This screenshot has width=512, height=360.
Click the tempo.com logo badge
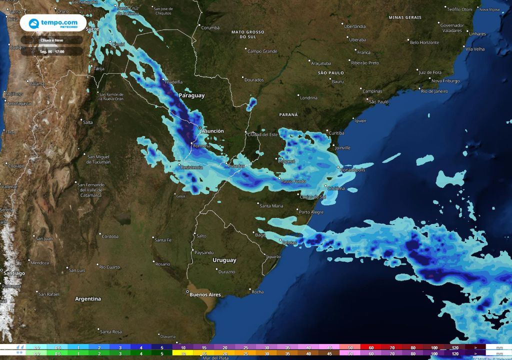pyautogui.click(x=52, y=23)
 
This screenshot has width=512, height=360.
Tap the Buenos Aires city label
pyautogui.click(x=205, y=294)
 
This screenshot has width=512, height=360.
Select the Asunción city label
pyautogui.click(x=212, y=131)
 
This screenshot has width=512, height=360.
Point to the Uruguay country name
pyautogui.click(x=224, y=260)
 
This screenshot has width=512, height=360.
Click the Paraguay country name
pyautogui.click(x=191, y=95)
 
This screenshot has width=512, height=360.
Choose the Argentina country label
pyautogui.click(x=88, y=298)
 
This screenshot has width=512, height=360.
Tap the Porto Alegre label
pyautogui.click(x=311, y=212)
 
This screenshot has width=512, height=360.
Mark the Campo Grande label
pyautogui.click(x=262, y=51)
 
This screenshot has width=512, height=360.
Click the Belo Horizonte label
pyautogui.click(x=424, y=42)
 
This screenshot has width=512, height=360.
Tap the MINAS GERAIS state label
pyautogui.click(x=405, y=17)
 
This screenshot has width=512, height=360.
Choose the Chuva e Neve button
pyautogui.click(x=52, y=40)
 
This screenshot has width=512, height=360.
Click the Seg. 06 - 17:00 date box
pyautogui.click(x=52, y=51)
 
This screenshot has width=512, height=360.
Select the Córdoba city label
pyautogui.click(x=110, y=236)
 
